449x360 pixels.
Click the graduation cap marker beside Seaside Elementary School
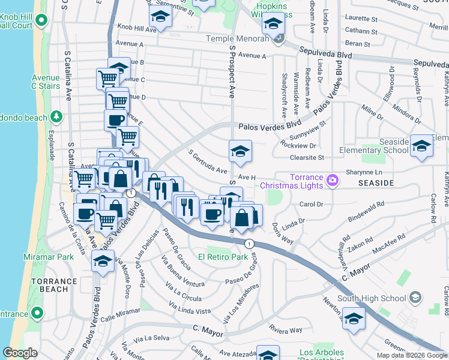pos(421,146)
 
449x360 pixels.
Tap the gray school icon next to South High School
pos(415,298)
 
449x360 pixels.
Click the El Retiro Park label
pos(227,257)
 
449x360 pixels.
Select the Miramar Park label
pos(49,257)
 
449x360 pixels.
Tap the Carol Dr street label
pos(312,204)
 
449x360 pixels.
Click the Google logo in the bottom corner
pos(20,353)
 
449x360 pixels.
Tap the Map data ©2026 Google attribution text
pos(411,355)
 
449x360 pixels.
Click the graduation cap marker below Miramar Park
pos(103,261)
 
